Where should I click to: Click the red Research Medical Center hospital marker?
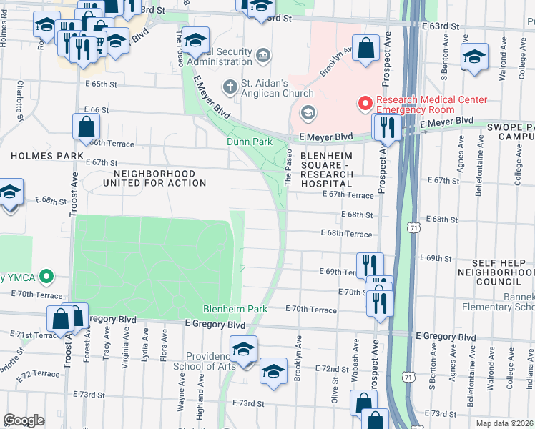point(365,105)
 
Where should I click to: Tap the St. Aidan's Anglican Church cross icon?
point(230,87)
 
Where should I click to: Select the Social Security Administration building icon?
point(263,55)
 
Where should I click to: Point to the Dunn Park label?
point(250,142)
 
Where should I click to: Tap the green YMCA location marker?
point(46,275)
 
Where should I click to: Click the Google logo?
point(24,420)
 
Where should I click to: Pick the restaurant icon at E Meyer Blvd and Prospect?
point(386,128)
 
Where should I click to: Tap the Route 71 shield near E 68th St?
point(413,227)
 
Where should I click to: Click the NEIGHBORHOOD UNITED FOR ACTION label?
point(154,178)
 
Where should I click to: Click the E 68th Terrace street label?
point(346,234)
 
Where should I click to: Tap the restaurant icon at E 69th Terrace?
point(370,264)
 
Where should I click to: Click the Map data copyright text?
point(508,423)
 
